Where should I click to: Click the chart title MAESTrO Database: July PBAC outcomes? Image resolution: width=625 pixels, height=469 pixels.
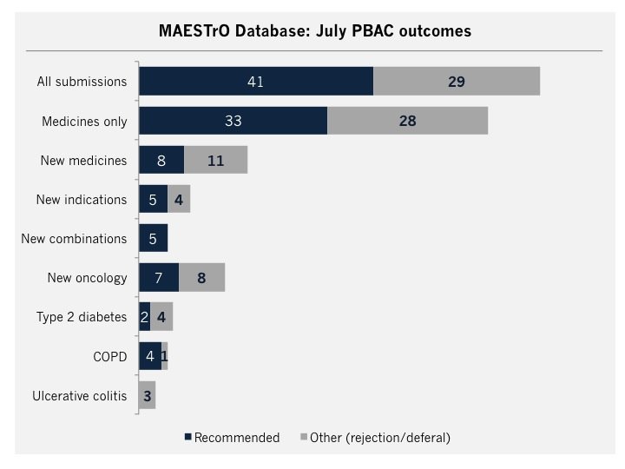(x=314, y=30)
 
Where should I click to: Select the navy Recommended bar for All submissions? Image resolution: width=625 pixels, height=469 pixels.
(x=256, y=82)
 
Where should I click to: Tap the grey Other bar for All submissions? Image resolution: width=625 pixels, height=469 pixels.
(x=457, y=82)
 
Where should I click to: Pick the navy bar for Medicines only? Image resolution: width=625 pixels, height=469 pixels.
(x=233, y=121)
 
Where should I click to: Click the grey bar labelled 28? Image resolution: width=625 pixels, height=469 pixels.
(x=407, y=121)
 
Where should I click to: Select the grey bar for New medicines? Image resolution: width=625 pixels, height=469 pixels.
(x=215, y=160)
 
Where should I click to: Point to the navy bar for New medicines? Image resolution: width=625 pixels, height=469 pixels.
(x=161, y=160)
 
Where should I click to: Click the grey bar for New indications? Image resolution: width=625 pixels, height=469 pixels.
(x=179, y=199)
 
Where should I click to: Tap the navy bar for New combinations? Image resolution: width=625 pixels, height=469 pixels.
(x=153, y=239)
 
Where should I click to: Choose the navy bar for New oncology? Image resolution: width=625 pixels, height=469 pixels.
(x=159, y=278)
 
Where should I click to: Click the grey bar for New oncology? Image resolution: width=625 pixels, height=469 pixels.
(x=201, y=278)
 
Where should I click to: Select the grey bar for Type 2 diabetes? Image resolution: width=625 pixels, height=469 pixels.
(x=161, y=317)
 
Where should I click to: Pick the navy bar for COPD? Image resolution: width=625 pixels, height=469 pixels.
(x=149, y=356)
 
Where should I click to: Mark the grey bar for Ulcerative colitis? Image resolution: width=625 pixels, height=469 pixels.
(x=147, y=395)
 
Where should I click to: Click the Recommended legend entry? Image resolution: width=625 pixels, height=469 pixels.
(x=231, y=438)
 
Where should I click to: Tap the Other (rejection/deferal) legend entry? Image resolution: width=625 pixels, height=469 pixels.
(x=375, y=438)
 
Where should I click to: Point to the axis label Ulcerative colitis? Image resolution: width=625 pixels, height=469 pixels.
(x=80, y=396)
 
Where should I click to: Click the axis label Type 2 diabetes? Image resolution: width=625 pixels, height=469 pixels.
(x=82, y=317)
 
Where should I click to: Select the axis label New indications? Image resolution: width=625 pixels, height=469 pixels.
(x=82, y=200)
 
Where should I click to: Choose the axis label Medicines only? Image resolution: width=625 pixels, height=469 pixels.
(x=84, y=122)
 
